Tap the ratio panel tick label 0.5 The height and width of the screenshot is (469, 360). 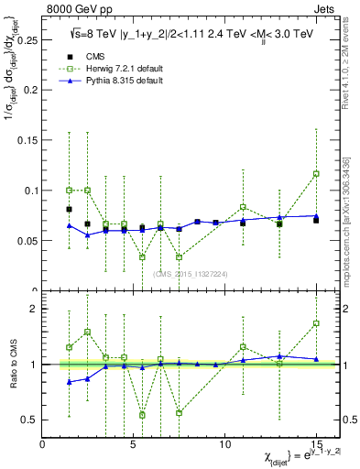coord(29,420)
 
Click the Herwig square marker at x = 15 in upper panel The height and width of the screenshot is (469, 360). coord(316,173)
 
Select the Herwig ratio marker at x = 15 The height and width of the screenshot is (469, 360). coord(316,323)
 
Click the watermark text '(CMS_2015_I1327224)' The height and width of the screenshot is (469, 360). coord(191,274)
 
